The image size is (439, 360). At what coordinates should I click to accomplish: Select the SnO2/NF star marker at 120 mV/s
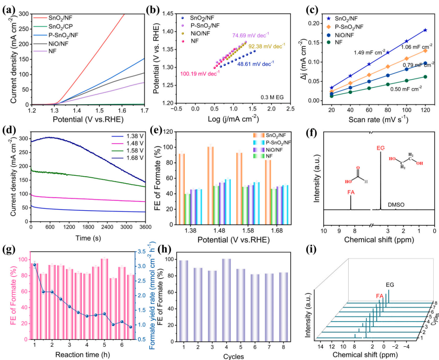pos(425,30)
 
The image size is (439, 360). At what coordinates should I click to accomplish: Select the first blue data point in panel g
pos(35,264)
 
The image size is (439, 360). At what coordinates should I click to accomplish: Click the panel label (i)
pos(299,250)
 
